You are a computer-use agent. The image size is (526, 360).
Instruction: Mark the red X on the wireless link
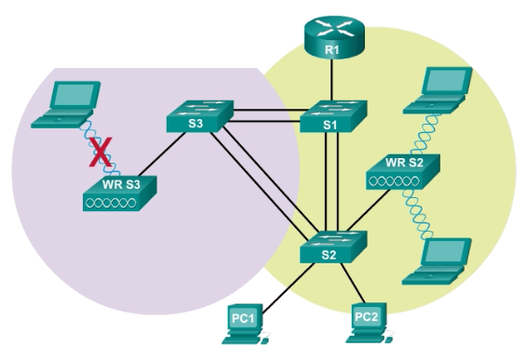(x=102, y=151)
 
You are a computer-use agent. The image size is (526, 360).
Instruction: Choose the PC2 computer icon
(x=368, y=321)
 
